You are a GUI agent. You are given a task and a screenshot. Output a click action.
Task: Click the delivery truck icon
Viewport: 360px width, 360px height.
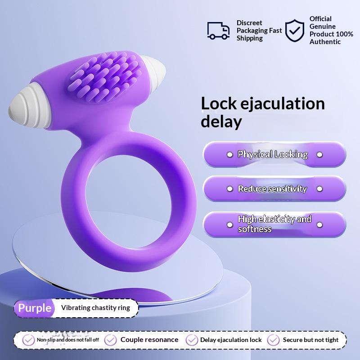[218, 30]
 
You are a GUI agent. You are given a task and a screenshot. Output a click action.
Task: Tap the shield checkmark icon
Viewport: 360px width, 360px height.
[295, 30]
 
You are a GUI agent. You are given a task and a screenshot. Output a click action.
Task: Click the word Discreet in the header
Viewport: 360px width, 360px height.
[249, 23]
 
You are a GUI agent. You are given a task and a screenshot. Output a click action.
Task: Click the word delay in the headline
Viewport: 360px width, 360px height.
[221, 121]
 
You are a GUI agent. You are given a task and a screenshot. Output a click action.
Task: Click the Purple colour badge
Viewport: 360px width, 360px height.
[35, 308]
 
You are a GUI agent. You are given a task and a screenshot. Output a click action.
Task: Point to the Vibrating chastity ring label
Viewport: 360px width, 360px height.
[95, 308]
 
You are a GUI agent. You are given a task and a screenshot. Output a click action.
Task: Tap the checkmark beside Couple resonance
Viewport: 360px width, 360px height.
[111, 340]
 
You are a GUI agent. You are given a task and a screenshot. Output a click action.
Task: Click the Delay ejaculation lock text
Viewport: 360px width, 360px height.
[231, 340]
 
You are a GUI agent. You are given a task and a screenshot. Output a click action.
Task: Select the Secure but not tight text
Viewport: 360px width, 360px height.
[310, 340]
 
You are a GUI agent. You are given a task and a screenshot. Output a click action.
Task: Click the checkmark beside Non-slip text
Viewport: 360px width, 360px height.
[28, 340]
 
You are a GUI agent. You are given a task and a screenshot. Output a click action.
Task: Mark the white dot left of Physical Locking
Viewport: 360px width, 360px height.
[229, 155]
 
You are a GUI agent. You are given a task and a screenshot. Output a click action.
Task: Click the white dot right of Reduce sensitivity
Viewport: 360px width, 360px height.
[319, 189]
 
